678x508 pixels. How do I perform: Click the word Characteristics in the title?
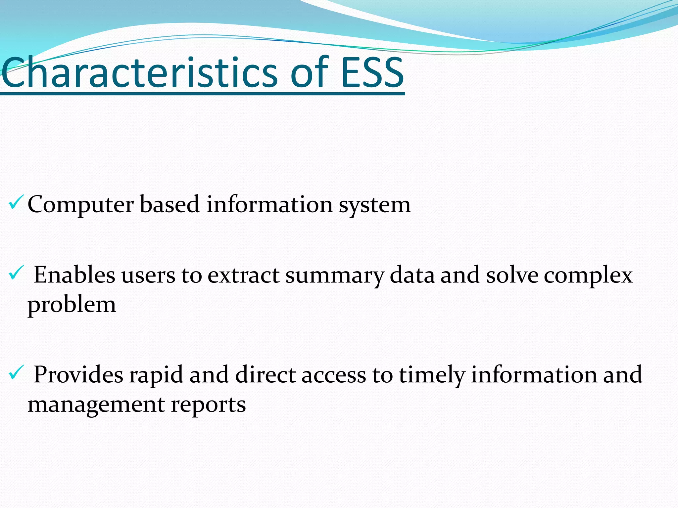139,73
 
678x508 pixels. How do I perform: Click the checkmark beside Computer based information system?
16,202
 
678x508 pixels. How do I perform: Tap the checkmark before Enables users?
16,273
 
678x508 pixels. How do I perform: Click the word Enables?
74,275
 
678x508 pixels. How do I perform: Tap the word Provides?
78,375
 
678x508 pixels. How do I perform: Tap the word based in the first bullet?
169,205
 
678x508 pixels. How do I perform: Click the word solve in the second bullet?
512,275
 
